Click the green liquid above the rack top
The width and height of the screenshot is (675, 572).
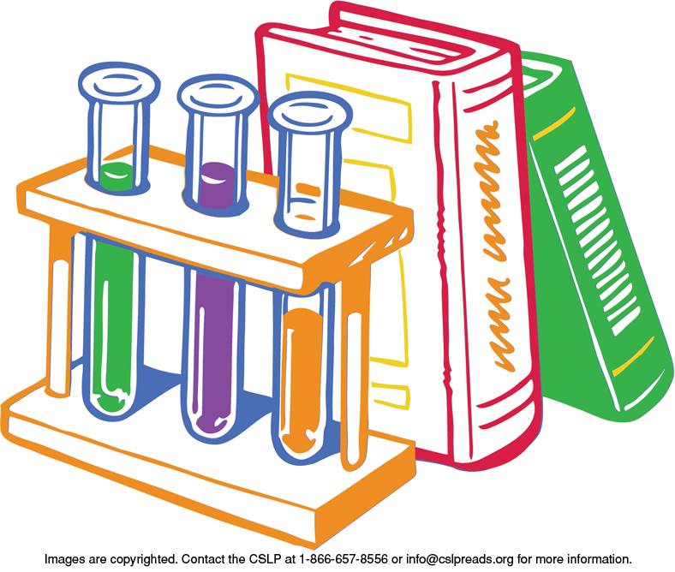(116, 176)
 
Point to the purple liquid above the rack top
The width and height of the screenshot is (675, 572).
(218, 185)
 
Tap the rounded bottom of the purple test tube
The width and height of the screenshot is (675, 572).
(210, 426)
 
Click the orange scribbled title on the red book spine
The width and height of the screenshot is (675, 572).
(494, 246)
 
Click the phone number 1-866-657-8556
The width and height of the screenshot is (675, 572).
(343, 559)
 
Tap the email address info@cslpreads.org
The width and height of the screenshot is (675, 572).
(460, 559)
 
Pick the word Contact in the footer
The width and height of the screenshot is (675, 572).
(200, 559)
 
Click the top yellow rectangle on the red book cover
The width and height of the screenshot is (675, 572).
(349, 108)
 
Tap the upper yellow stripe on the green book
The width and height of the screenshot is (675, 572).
(554, 123)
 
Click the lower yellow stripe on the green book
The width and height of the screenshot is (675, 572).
(633, 356)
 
